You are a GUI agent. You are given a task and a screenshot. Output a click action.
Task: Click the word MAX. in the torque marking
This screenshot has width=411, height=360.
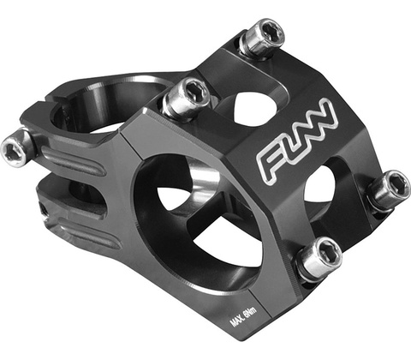[237, 321]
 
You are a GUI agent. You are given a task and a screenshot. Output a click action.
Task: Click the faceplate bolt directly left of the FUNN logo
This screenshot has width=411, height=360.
[186, 98]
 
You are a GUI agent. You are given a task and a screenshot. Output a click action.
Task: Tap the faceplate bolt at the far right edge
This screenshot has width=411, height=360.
[390, 190]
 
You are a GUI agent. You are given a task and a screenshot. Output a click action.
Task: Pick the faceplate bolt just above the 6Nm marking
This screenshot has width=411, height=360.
[319, 260]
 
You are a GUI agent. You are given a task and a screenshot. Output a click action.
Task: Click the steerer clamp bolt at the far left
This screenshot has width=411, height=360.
[18, 147]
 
